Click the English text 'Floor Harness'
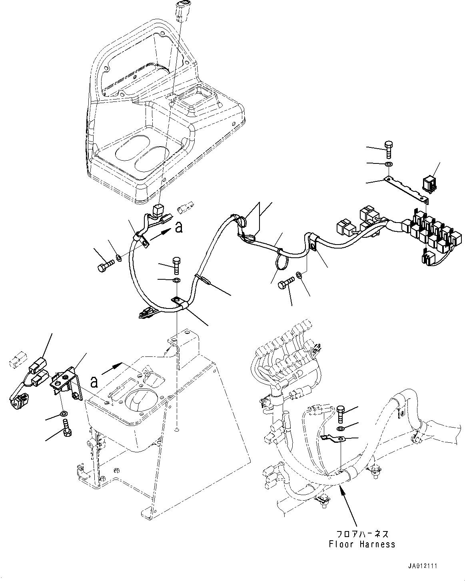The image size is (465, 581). pos(362,544)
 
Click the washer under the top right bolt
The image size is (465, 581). pos(388,164)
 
